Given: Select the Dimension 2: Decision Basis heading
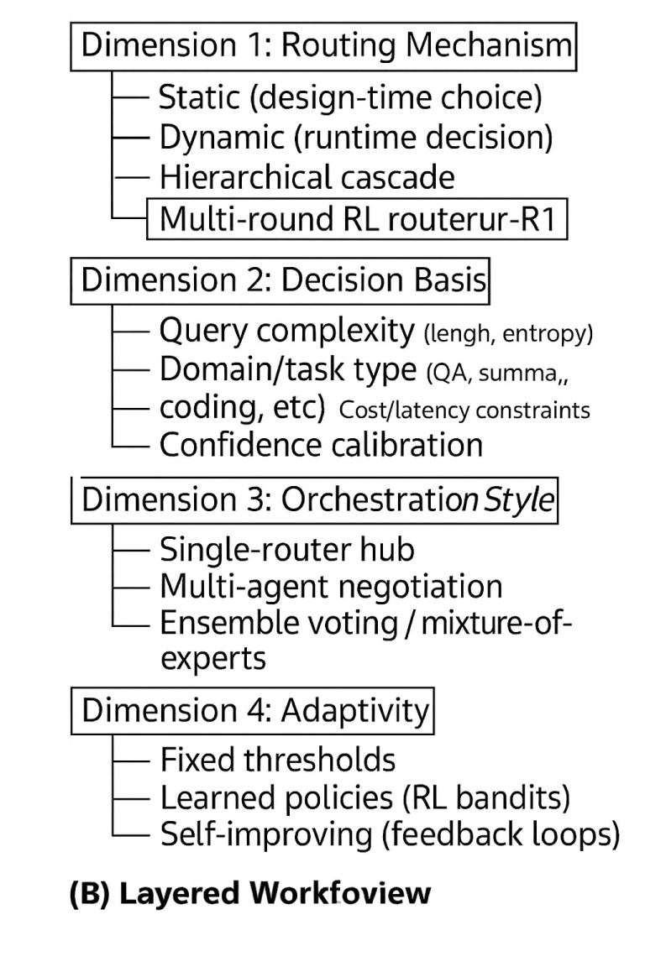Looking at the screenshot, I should pyautogui.click(x=283, y=280).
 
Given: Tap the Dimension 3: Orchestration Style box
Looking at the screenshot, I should pyautogui.click(x=317, y=499).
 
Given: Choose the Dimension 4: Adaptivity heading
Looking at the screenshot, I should pyautogui.click(x=254, y=710).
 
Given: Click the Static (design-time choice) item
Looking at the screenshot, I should pyautogui.click(x=350, y=97).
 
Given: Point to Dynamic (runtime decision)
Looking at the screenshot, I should pyautogui.click(x=356, y=137).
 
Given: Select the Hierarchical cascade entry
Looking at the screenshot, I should pyautogui.click(x=307, y=177).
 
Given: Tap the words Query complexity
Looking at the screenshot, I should pyautogui.click(x=286, y=331).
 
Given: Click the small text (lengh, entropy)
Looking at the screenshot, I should pyautogui.click(x=508, y=334).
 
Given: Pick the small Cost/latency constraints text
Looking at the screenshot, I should pyautogui.click(x=464, y=410).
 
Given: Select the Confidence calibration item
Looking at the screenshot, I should pyautogui.click(x=321, y=444).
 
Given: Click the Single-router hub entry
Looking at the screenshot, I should pyautogui.click(x=286, y=549).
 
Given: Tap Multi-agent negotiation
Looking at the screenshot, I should pyautogui.click(x=331, y=586).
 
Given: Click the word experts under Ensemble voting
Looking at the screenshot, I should pyautogui.click(x=212, y=658).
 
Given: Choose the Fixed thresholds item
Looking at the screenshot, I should pyautogui.click(x=277, y=760).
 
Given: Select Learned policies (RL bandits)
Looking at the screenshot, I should pyautogui.click(x=364, y=797).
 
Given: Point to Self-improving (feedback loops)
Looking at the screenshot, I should pyautogui.click(x=389, y=834).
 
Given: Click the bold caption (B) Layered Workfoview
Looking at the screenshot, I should pyautogui.click(x=250, y=892).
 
